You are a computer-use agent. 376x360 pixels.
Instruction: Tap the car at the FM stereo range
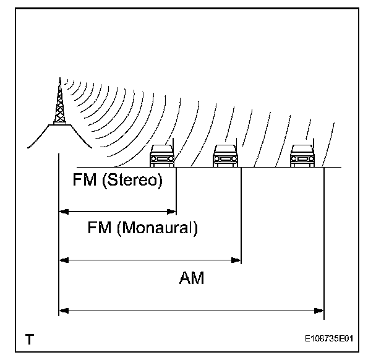pos(162,156)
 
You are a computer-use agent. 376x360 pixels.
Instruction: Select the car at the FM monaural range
pos(225,156)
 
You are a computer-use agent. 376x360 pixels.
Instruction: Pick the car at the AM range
pos(302,156)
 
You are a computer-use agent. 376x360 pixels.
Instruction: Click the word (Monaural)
pos(157,228)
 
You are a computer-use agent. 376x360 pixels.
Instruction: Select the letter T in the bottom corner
pos(29,339)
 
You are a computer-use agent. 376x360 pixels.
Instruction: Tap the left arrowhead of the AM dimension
pos(62,310)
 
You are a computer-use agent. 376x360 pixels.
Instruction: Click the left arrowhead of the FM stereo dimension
pos(62,212)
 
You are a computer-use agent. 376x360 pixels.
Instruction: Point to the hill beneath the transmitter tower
pos(59,136)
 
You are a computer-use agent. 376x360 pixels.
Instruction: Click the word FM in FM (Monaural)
pos(100,228)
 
